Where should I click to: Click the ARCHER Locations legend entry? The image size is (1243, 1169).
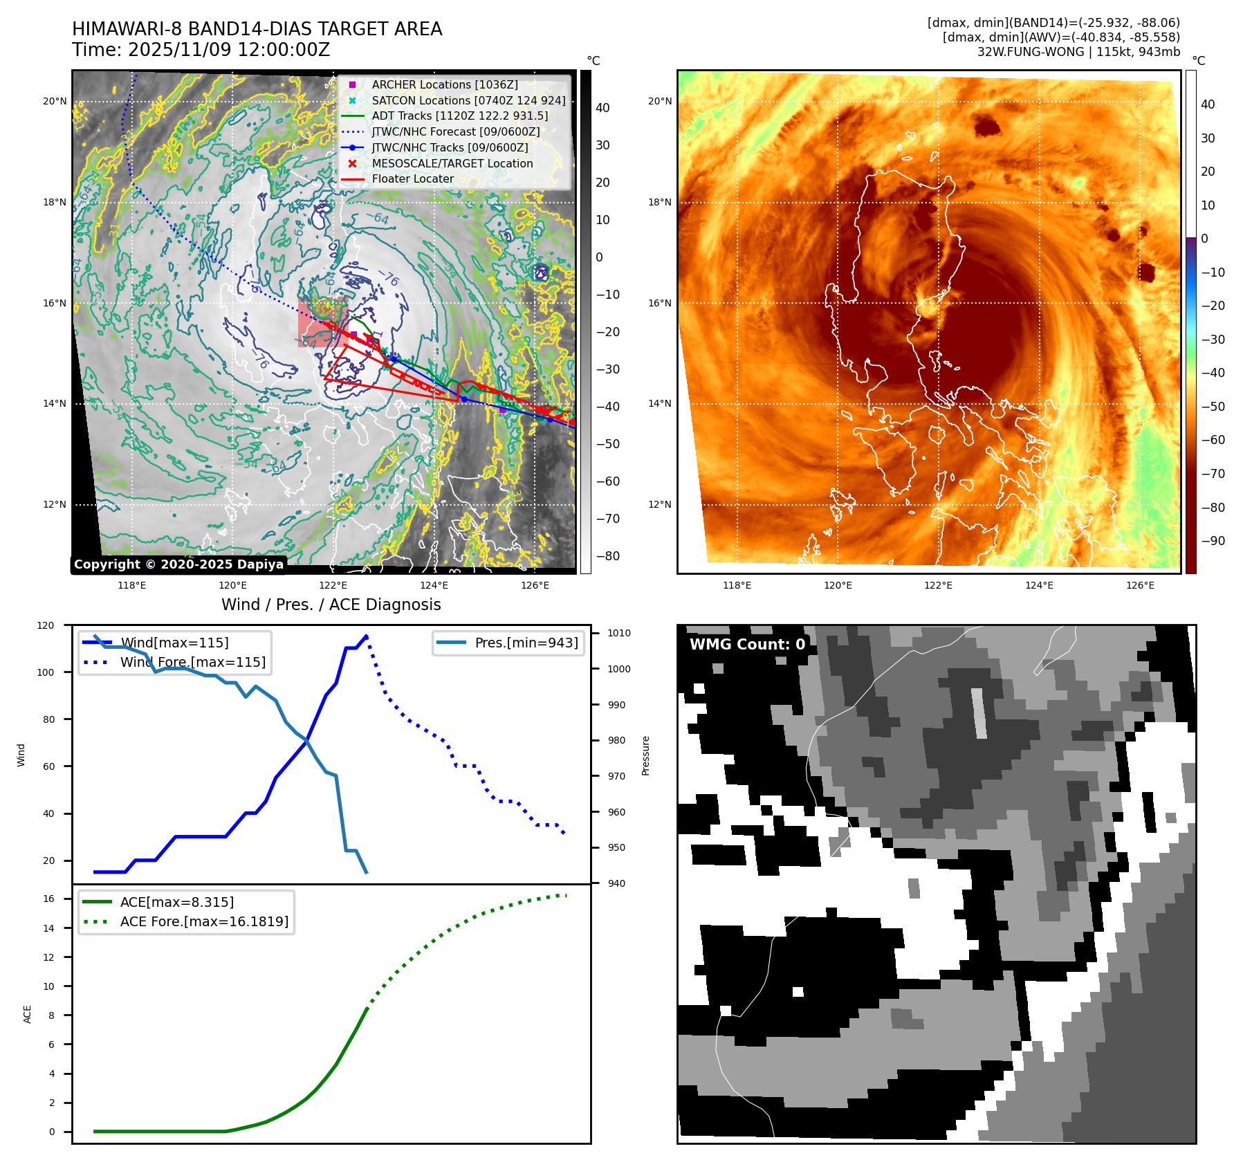coord(444,84)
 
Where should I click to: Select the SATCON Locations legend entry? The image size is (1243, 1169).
coord(468,100)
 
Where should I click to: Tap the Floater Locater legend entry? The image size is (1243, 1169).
coord(413,178)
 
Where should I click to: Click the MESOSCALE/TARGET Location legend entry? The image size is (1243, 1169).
coord(452,163)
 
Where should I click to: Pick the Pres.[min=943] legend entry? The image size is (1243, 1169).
coord(526,643)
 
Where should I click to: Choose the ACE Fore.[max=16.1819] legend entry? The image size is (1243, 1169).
coord(204,921)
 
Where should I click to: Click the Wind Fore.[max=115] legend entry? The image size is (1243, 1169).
coord(192,662)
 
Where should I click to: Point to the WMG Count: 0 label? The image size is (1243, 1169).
coord(747,644)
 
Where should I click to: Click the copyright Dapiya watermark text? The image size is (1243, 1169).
coord(178,564)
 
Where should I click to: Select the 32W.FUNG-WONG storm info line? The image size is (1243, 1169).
coord(1078,51)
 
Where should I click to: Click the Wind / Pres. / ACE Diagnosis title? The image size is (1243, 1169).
coord(331,605)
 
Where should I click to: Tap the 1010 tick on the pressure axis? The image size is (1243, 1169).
coord(619,633)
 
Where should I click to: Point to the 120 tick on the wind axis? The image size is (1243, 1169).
coord(46,625)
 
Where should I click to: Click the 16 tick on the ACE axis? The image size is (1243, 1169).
coord(48,899)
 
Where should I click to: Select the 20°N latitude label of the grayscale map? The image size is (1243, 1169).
coord(55,101)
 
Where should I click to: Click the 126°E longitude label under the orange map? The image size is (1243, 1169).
coord(1140,585)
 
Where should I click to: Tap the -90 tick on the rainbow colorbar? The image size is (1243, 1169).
coord(1213,541)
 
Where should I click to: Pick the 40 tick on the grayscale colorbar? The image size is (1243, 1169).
coord(602,108)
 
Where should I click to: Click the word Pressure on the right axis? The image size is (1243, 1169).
coord(645,755)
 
